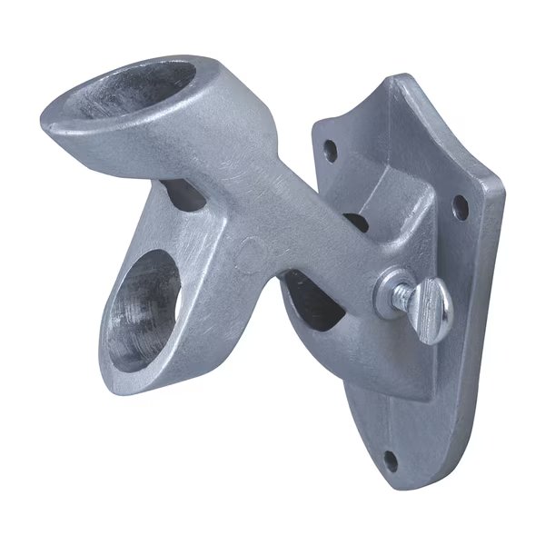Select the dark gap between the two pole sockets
point(182,193)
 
